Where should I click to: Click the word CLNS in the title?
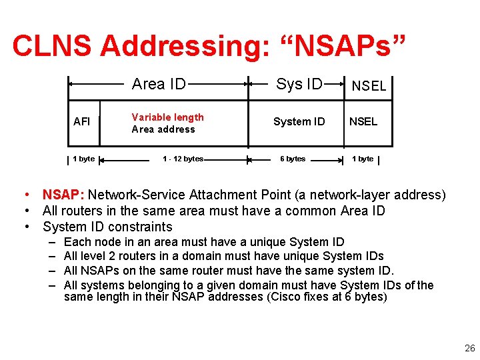[x=53, y=45]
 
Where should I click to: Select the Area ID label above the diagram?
[x=159, y=84]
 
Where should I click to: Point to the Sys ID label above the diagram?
[x=299, y=84]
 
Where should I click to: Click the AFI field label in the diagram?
[x=81, y=122]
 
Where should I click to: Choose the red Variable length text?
[x=167, y=117]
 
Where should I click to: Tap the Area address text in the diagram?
[x=163, y=129]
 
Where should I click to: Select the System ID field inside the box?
[x=299, y=121]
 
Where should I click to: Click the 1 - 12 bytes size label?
[x=183, y=159]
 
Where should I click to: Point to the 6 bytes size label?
[x=293, y=159]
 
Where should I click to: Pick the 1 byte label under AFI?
[x=83, y=159]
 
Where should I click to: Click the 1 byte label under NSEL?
[x=363, y=159]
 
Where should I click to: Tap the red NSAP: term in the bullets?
[x=63, y=195]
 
